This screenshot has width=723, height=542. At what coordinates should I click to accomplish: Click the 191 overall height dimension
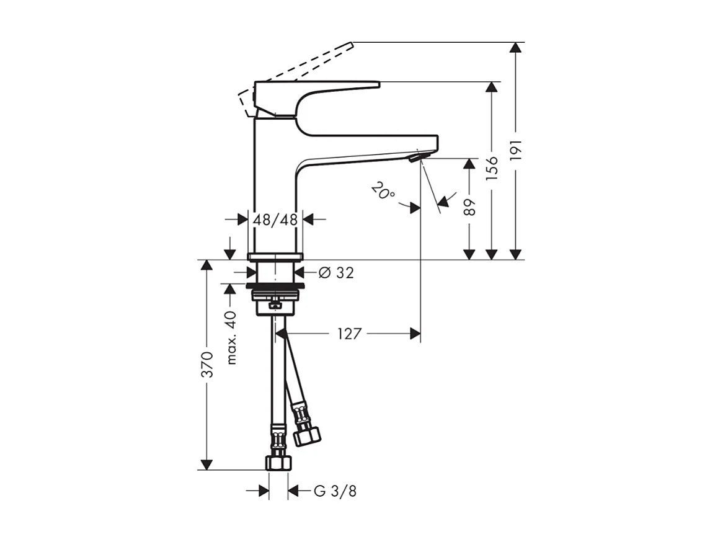click(517, 151)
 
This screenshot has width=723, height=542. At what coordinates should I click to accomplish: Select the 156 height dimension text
click(492, 169)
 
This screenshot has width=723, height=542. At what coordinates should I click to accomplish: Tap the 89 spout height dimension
click(470, 207)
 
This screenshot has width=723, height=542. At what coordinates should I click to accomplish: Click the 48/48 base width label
click(275, 220)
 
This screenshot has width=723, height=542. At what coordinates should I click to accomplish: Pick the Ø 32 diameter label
click(336, 272)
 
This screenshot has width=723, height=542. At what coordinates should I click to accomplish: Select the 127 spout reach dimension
click(349, 334)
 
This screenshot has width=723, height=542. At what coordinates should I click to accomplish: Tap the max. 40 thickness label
click(232, 338)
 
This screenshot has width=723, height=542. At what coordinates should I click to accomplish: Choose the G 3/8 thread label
click(335, 492)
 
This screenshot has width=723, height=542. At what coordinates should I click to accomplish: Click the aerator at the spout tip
click(414, 159)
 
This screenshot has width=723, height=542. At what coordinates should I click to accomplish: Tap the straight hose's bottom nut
click(278, 463)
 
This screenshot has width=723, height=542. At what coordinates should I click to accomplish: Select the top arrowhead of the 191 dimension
click(515, 48)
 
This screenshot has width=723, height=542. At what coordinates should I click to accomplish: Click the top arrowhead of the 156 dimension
click(492, 87)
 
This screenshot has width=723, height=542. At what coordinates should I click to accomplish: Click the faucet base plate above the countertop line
click(275, 256)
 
